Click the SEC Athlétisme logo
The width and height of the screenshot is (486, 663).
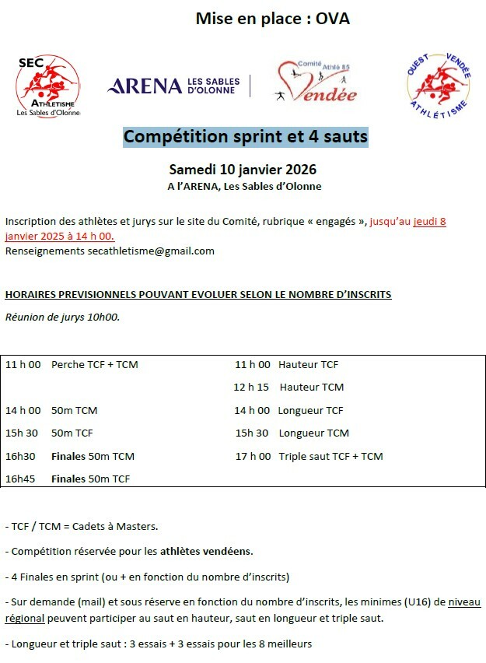pos(47,86)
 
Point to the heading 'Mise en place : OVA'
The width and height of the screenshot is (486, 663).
pos(272,19)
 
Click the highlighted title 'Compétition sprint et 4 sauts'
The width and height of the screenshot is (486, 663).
pos(246,137)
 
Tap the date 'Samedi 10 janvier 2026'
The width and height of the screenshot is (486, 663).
pos(243,169)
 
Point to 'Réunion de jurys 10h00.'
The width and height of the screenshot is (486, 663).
pos(62,317)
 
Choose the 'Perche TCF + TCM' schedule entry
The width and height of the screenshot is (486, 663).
pos(94,364)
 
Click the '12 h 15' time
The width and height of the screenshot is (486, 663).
pos(251,387)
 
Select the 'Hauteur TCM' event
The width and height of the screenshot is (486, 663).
pos(311,387)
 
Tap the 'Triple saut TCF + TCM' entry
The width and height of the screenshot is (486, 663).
pos(330,456)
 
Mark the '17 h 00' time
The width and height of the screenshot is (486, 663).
pos(253,456)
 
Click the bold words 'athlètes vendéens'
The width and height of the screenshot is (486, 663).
pos(206,551)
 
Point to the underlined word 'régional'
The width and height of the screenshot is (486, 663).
pos(25,618)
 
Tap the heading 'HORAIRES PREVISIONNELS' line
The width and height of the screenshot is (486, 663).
pos(198,294)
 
